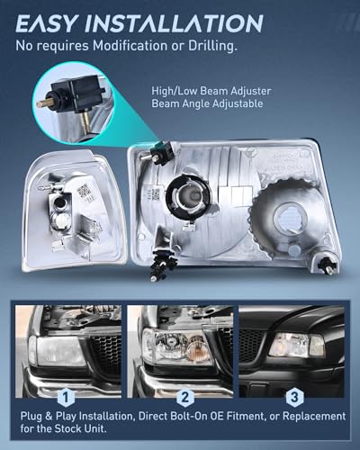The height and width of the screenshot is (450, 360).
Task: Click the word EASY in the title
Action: (x=46, y=23)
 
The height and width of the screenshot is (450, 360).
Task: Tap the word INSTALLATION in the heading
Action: (x=174, y=23)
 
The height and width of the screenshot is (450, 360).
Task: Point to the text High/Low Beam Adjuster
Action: (x=211, y=91)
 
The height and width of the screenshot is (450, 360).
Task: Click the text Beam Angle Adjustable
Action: (x=207, y=103)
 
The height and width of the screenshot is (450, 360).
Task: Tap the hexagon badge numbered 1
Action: (x=66, y=398)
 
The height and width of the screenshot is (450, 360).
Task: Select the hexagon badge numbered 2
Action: (x=185, y=398)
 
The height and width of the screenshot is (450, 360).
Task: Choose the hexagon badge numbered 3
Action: (x=294, y=398)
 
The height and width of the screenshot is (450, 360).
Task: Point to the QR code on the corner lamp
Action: (x=84, y=190)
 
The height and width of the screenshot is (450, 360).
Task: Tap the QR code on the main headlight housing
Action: (x=156, y=194)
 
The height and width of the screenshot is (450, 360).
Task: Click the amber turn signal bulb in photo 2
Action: (x=196, y=345)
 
